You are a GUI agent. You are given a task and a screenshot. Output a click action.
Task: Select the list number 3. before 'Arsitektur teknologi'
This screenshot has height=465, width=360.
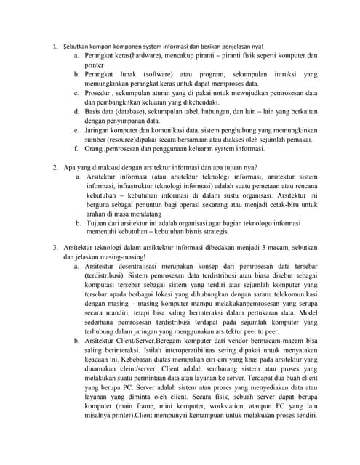tap(56, 248)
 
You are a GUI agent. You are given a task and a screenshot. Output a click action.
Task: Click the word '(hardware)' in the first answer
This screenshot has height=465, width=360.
tap(137, 55)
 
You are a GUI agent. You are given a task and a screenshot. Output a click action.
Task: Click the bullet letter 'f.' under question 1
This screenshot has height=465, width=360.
tap(77, 149)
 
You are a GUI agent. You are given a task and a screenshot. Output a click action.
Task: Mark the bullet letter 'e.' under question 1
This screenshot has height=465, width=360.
tap(77, 130)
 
